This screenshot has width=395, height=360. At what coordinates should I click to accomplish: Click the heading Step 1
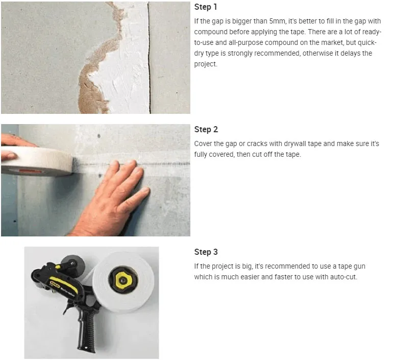[x=205, y=7]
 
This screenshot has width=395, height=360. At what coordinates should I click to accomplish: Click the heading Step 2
[x=206, y=130]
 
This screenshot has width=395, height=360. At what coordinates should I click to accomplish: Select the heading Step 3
[x=206, y=252]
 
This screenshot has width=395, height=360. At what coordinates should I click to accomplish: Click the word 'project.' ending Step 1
[x=206, y=64]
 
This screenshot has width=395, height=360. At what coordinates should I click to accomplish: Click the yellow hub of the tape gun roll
[x=122, y=280]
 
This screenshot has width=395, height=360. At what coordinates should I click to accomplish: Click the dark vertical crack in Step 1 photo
[x=149, y=58]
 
